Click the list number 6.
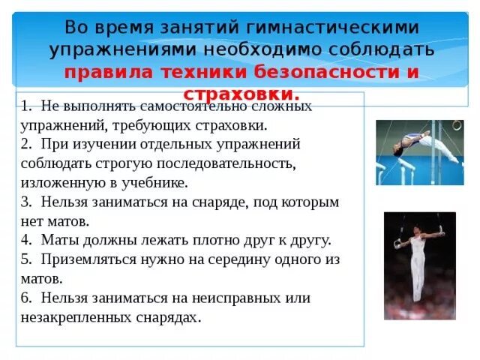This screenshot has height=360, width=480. click(25, 298)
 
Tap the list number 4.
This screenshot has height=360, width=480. click(25, 241)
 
